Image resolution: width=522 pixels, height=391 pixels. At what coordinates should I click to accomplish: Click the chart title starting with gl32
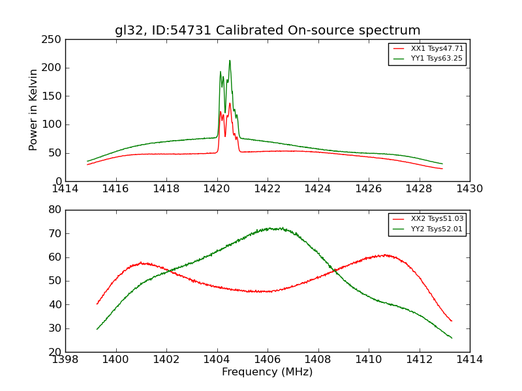(x=268, y=31)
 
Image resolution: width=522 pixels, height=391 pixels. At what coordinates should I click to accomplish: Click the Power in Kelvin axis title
(x=33, y=110)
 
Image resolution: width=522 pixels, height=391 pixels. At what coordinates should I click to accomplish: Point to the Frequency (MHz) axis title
(x=268, y=372)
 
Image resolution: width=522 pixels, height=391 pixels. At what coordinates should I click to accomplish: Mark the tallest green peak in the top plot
(x=230, y=61)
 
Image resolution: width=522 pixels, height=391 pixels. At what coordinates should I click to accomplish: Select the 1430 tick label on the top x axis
(x=470, y=189)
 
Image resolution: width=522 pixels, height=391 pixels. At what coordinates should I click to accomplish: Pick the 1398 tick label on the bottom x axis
(x=66, y=360)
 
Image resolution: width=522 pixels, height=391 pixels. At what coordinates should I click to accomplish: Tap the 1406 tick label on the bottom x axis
(x=268, y=360)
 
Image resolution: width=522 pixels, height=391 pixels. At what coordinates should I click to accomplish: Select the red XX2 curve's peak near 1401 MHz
(x=142, y=263)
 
